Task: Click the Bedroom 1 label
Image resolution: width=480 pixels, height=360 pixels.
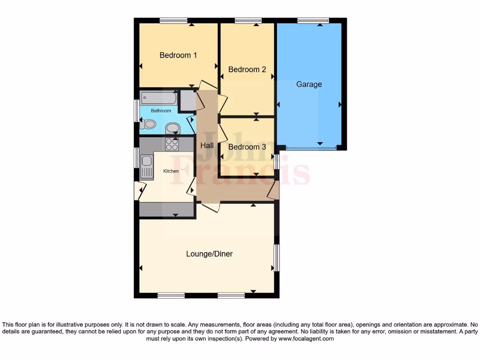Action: coord(178,55)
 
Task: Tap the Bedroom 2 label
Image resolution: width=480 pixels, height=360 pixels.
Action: coord(247,69)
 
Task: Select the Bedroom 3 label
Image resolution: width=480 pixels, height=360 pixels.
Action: coord(247,147)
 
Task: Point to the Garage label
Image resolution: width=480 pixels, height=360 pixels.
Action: coord(309,84)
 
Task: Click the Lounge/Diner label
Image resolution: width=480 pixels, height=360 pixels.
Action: coord(210,254)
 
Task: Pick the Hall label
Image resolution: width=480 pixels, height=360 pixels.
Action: coord(207,146)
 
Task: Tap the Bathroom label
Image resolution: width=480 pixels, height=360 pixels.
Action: coord(161,111)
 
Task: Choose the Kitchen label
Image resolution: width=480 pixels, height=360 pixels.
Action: coord(171,171)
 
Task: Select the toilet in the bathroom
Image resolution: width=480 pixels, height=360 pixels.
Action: coord(148,125)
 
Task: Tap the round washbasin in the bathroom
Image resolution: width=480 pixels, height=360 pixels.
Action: coord(172,128)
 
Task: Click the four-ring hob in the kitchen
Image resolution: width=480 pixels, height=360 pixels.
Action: coord(172,144)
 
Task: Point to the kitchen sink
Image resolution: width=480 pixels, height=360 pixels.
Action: coord(147,166)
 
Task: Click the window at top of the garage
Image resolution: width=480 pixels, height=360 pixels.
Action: coord(313,21)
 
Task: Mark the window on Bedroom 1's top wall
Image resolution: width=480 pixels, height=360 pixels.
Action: coord(173,21)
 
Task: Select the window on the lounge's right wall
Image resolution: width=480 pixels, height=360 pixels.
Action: coord(277,257)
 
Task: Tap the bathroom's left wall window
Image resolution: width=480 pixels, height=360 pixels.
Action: coord(136,111)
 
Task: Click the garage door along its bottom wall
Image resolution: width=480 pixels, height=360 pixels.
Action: coord(311,148)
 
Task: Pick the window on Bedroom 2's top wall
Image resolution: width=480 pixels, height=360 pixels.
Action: coord(248,21)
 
